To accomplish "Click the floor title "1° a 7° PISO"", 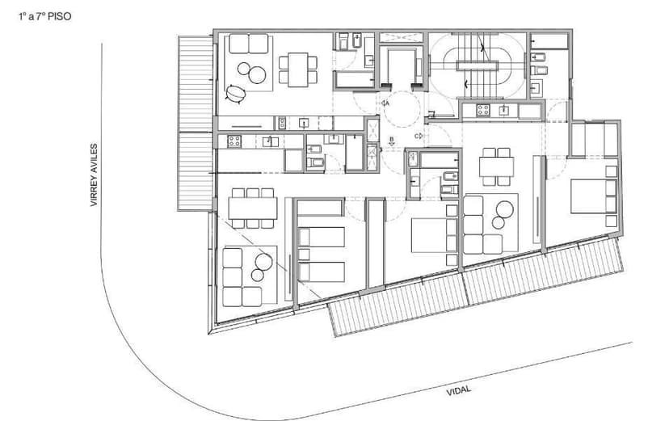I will coord(44,15).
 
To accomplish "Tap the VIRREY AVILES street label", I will coord(94,175).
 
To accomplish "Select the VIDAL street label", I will coord(458,389).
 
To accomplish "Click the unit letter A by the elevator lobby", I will coord(387,103).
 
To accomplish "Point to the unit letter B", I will coord(392,140).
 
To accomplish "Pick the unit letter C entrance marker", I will coord(418,137).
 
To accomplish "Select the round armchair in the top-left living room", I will coord(236,94).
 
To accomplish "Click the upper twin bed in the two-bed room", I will coord(322,237).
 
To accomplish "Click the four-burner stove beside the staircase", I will coord(483,110).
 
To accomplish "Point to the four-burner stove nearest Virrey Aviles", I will coord(234,141).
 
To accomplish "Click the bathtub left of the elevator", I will coord(351,79).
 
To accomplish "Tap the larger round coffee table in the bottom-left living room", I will coord(263,261).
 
